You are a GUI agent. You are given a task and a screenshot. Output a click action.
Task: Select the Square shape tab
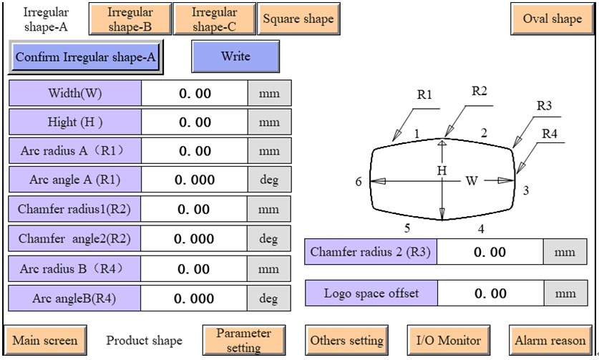[298, 19]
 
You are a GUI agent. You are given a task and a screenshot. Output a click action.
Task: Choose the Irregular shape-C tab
[214, 19]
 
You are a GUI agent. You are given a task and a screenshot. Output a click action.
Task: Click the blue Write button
[235, 57]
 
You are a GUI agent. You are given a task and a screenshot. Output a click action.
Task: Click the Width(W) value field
[194, 94]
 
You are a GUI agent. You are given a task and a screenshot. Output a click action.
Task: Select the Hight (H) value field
[194, 122]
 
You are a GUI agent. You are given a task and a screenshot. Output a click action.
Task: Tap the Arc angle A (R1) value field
[194, 180]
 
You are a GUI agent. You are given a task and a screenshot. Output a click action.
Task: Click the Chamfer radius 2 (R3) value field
[490, 252]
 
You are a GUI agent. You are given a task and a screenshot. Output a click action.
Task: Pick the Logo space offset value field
[490, 293]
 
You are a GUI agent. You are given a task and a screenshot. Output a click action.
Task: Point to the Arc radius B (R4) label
[74, 269]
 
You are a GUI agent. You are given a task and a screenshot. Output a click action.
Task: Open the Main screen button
[44, 341]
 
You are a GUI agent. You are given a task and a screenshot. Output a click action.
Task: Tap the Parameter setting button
[243, 341]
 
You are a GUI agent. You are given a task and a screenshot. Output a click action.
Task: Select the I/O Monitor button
[449, 341]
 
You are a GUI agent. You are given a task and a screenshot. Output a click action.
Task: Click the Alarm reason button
[550, 341]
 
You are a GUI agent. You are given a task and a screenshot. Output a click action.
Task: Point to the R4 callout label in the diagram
[549, 133]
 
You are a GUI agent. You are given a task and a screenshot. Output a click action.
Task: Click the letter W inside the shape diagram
[471, 181]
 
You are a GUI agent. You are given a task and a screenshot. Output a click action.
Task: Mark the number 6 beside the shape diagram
[359, 182]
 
